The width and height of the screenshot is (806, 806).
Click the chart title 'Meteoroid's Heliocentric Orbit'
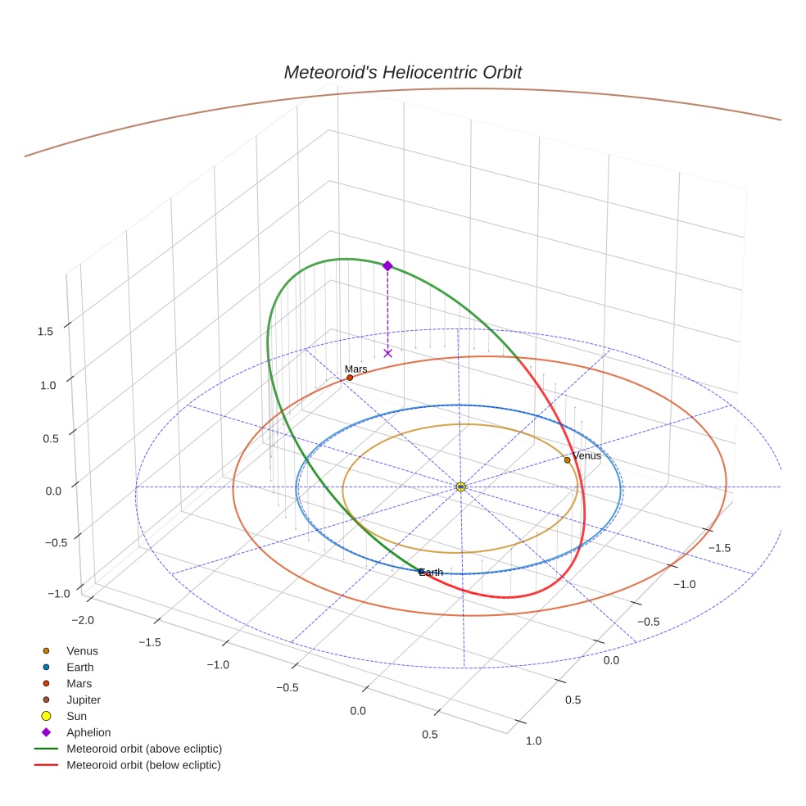(x=402, y=72)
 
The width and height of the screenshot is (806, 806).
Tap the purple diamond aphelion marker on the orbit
(x=387, y=265)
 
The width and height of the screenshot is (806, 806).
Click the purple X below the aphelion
(x=387, y=353)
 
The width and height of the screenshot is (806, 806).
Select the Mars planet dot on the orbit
(x=350, y=378)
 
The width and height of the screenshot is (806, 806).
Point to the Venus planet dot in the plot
(x=567, y=460)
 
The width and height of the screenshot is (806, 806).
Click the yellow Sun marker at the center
(x=460, y=487)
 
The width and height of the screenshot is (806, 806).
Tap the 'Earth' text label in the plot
(x=431, y=572)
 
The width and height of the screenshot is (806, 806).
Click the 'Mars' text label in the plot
(x=355, y=369)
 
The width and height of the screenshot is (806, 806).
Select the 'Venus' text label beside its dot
(x=586, y=455)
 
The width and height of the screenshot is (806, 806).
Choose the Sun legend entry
(x=77, y=716)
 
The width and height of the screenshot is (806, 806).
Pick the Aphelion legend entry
(x=88, y=732)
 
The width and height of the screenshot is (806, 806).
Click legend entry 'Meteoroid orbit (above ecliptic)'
(x=144, y=749)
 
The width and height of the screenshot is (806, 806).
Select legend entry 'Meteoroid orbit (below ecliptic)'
(x=144, y=765)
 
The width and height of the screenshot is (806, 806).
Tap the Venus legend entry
(x=82, y=650)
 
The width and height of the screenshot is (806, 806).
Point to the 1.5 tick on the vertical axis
(x=45, y=331)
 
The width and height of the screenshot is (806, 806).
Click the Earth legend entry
(x=79, y=667)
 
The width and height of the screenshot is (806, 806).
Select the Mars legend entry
(x=79, y=683)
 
